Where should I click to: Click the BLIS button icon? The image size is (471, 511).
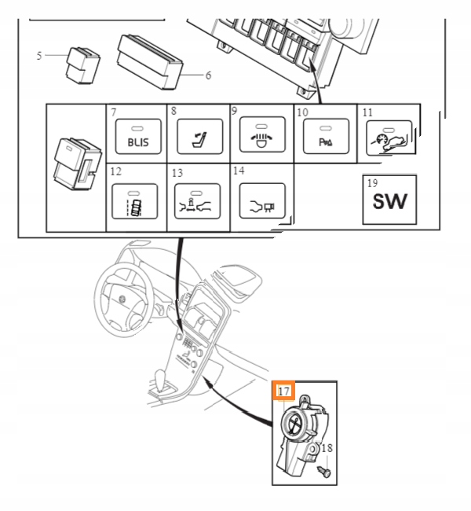tap(138, 137)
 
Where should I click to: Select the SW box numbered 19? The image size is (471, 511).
tap(389, 200)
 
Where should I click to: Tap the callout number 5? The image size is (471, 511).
tap(39, 55)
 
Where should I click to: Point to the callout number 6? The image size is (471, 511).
tap(208, 75)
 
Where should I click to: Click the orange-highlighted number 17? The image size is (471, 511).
tap(284, 391)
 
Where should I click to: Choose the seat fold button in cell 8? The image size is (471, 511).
tap(200, 137)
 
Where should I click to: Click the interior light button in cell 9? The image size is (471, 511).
tap(262, 134)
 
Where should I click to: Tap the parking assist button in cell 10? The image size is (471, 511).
tap(326, 137)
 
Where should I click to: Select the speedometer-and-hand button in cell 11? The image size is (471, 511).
tap(390, 138)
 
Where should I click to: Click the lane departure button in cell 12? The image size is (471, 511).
tap(135, 201)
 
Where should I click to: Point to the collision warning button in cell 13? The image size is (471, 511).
tap(198, 201)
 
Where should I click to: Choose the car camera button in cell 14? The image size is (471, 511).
tap(262, 200)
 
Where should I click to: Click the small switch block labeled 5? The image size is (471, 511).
tap(83, 65)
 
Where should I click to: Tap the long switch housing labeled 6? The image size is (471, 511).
tap(150, 62)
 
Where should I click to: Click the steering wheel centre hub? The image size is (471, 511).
tap(122, 299)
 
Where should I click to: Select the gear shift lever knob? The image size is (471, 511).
tap(160, 377)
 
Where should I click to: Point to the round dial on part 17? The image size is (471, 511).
tap(295, 422)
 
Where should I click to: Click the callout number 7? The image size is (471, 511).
tap(113, 112)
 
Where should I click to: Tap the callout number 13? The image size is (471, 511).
tap(177, 173)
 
